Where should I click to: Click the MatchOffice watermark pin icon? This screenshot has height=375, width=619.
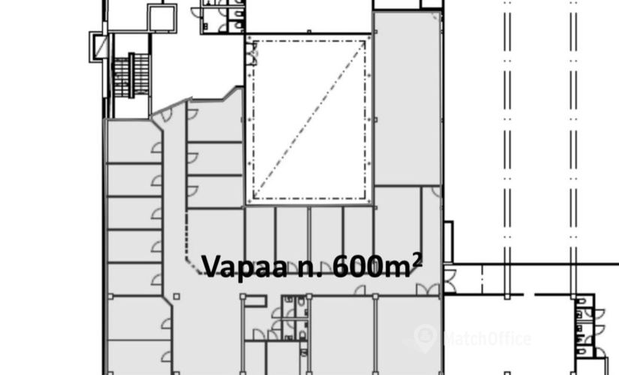point(425,337)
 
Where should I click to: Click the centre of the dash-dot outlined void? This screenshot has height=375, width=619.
point(308,120)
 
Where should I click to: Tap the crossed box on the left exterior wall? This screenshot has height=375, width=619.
point(98,46)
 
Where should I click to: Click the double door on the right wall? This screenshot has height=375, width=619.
point(448,278)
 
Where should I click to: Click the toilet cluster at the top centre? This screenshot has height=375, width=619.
point(223,15)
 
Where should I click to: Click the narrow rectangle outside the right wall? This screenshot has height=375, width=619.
point(449,241)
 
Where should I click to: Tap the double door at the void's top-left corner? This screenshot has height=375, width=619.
point(250,52)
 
